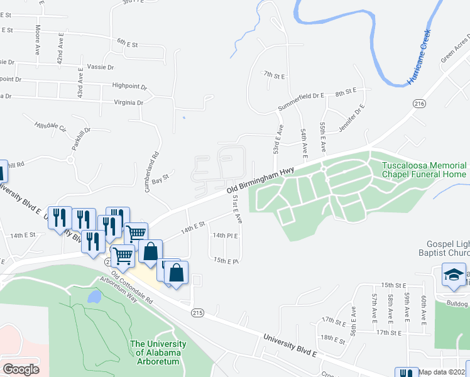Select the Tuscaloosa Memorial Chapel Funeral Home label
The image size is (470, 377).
pyautogui.click(x=424, y=170)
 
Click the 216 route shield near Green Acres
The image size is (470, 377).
pyautogui.click(x=420, y=103)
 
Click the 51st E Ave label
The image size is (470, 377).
pyautogui.click(x=238, y=209)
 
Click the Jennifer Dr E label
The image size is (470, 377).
pyautogui.click(x=352, y=116)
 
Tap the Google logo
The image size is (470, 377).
pyautogui.click(x=21, y=369)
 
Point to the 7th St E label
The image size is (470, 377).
pyautogui.click(x=275, y=75)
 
